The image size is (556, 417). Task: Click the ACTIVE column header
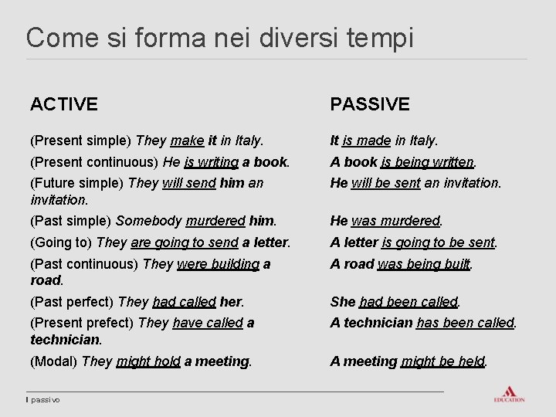[x=64, y=103]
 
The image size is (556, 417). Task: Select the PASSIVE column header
[x=370, y=103]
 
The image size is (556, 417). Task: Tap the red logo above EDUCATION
[x=509, y=391]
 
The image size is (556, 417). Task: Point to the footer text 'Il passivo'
[x=43, y=399]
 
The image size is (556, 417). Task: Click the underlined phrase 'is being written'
[x=427, y=162]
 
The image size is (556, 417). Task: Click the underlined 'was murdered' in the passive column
[x=395, y=221]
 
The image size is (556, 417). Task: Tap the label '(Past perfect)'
[x=73, y=302]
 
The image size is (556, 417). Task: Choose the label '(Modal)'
[x=54, y=361]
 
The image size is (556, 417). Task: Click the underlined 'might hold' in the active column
[x=148, y=361]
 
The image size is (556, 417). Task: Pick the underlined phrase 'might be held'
[x=442, y=361]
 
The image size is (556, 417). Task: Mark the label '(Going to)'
[x=62, y=242]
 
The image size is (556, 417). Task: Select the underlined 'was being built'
[x=424, y=264]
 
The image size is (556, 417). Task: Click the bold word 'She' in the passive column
[x=343, y=302]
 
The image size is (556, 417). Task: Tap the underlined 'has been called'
[x=465, y=323]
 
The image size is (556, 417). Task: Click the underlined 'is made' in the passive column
[x=366, y=141]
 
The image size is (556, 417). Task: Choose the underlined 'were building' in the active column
[x=218, y=264]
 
